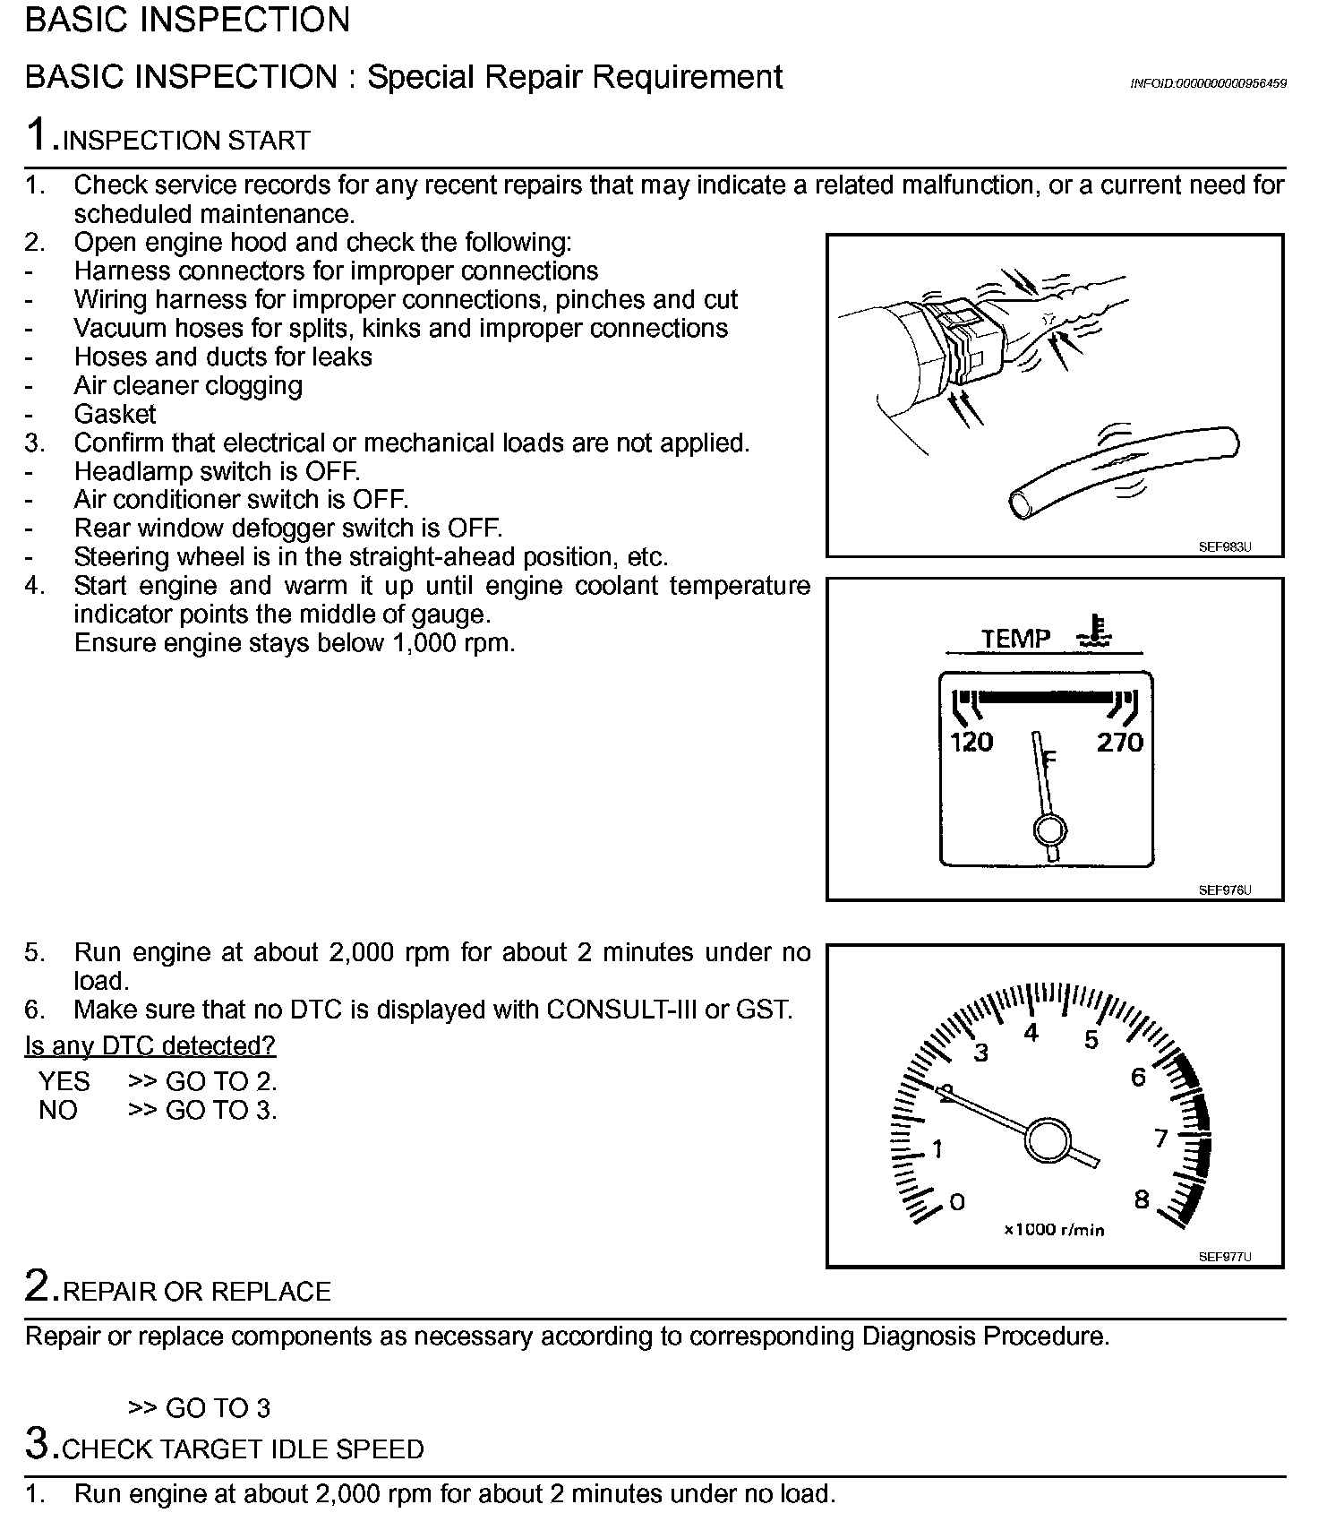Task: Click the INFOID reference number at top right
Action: (1208, 83)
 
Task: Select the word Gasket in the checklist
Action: (115, 414)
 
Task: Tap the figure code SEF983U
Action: (1224, 547)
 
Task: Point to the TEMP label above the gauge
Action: (1015, 639)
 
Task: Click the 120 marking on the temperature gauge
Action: (971, 743)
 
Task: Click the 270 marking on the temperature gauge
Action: (1120, 743)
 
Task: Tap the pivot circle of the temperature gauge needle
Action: (1049, 829)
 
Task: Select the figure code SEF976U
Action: (1224, 890)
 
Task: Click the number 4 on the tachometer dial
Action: (1031, 1033)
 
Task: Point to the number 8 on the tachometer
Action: (1142, 1199)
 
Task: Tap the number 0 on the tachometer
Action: (957, 1201)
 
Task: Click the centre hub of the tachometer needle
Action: (1048, 1140)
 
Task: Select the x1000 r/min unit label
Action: (1054, 1230)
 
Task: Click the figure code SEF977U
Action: (1224, 1257)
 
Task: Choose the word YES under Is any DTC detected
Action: (64, 1081)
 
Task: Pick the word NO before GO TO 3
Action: (58, 1110)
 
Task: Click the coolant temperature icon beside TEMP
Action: (1096, 632)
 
